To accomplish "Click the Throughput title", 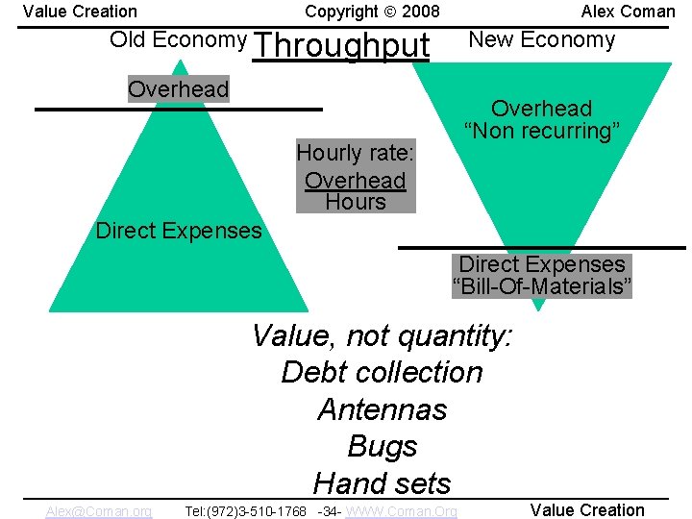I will click(341, 45).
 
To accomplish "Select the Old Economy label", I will click(178, 39).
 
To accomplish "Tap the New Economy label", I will click(541, 39).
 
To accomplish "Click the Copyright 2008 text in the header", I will click(372, 12).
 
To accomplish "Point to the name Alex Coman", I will click(628, 12).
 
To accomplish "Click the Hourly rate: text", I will click(355, 153).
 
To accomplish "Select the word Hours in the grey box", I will click(356, 202).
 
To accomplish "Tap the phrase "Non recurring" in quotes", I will click(541, 132).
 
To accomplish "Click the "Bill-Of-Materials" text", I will click(542, 286).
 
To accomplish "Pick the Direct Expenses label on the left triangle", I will click(179, 231).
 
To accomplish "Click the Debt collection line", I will click(382, 372).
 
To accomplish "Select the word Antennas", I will click(382, 409).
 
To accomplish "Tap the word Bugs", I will click(382, 447).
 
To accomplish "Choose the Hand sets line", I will click(382, 482).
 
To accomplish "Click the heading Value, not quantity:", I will click(382, 335).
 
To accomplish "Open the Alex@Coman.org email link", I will click(98, 511).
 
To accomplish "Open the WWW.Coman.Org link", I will click(401, 511).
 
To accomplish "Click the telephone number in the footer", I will click(246, 511).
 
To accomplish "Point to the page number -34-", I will click(328, 511).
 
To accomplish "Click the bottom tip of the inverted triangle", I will click(539, 308).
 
